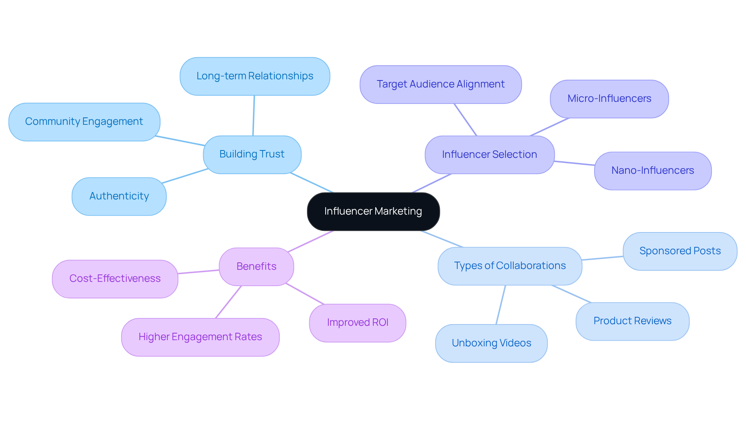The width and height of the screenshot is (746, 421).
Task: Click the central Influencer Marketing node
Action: (373, 211)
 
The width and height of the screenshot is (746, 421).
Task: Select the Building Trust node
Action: (252, 154)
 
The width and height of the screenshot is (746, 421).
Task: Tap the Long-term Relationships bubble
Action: (254, 76)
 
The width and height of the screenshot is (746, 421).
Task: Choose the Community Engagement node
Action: (84, 122)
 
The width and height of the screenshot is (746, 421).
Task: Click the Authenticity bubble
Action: (119, 196)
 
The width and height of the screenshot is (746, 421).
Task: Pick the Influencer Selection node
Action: (489, 155)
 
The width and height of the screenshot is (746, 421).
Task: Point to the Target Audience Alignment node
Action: (440, 84)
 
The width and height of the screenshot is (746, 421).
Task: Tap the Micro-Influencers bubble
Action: (609, 99)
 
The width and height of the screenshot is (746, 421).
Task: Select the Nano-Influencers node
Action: (652, 171)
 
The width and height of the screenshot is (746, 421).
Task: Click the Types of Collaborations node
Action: (509, 266)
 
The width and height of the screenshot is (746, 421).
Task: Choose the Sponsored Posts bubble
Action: (680, 251)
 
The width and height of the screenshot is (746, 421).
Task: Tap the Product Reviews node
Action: (632, 321)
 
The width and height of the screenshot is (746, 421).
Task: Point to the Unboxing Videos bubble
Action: (491, 343)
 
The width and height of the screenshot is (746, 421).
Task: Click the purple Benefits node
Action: (256, 267)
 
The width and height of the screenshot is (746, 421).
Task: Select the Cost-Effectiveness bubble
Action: (115, 279)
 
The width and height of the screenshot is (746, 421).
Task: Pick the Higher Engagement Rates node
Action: (200, 337)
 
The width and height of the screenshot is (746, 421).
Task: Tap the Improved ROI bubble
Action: (357, 323)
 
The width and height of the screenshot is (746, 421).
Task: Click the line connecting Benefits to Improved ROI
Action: (305, 294)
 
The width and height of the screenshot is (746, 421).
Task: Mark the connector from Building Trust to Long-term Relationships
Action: (254, 115)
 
